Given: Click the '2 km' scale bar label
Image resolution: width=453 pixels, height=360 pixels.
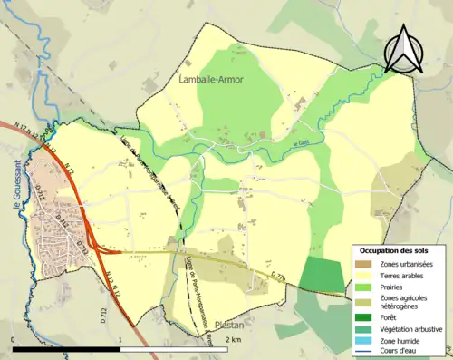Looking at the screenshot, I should pos(235,338).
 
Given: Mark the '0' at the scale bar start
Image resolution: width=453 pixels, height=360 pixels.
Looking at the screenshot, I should pos(13,338).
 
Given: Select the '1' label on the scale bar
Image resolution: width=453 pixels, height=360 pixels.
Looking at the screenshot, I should pos(120,338).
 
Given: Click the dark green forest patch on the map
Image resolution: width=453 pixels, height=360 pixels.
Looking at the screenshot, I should pos(323,274).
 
